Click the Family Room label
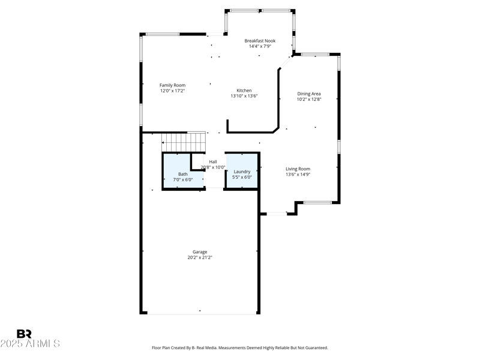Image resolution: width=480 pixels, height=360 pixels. click(172, 85)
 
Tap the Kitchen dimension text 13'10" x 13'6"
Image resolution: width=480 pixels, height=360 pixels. click(244, 96)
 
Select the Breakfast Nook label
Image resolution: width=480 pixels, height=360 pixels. click(260, 41)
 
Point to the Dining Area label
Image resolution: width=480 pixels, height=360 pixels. click(309, 94)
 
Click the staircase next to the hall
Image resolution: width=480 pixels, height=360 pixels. click(184, 142)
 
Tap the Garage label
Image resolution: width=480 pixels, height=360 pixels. click(200, 252)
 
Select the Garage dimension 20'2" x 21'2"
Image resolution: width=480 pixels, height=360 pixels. click(200, 257)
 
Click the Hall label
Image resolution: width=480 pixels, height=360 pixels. click(213, 161)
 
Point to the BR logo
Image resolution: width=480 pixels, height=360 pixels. click(24, 334)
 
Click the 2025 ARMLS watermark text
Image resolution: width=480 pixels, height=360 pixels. click(30, 344)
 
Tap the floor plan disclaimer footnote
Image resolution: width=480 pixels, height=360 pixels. click(240, 347)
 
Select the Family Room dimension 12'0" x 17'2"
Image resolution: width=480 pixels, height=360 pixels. click(172, 91)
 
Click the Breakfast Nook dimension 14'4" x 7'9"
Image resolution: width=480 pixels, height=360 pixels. click(260, 46)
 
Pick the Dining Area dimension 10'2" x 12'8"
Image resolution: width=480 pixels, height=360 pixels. click(309, 100)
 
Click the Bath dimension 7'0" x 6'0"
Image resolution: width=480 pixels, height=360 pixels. click(182, 179)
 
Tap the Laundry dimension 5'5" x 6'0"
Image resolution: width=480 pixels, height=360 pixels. click(242, 177)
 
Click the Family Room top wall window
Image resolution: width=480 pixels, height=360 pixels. click(163, 34)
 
